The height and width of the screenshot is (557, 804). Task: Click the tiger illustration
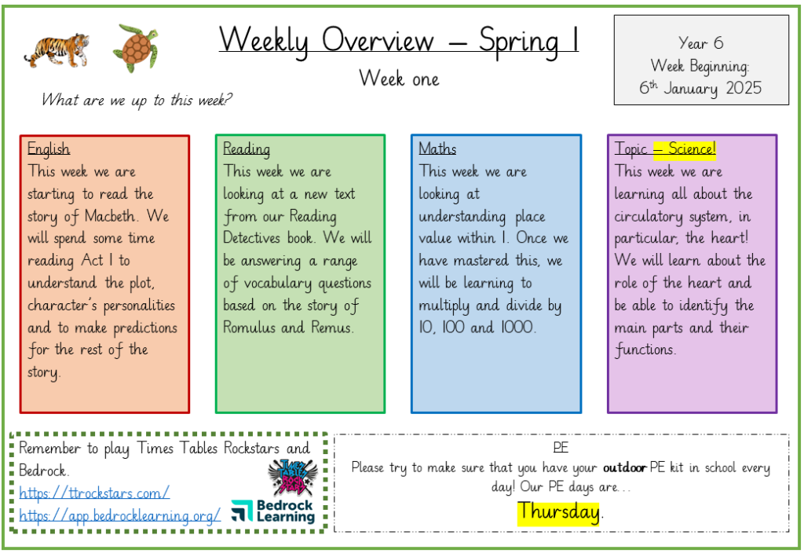pyautogui.click(x=57, y=49)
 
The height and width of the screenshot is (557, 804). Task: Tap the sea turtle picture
pyautogui.click(x=136, y=47)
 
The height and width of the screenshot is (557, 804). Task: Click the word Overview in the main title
pyautogui.click(x=378, y=40)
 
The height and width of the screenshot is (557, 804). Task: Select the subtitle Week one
pyautogui.click(x=399, y=79)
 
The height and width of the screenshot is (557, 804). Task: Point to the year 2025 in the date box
pyautogui.click(x=744, y=88)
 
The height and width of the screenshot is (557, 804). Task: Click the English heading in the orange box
pyautogui.click(x=49, y=148)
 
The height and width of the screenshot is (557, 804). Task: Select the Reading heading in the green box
pyautogui.click(x=246, y=148)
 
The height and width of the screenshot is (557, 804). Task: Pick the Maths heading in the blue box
pyautogui.click(x=437, y=148)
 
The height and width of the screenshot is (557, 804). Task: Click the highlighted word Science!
pyautogui.click(x=692, y=148)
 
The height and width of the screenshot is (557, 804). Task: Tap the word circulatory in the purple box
pyautogui.click(x=649, y=217)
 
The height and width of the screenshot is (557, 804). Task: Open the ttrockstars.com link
pyautogui.click(x=94, y=493)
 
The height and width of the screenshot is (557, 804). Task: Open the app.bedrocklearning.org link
pyautogui.click(x=120, y=515)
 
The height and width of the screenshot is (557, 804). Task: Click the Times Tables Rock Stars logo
pyautogui.click(x=294, y=477)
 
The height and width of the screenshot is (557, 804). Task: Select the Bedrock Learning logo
pyautogui.click(x=272, y=511)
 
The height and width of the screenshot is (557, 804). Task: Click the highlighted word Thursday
pyautogui.click(x=558, y=512)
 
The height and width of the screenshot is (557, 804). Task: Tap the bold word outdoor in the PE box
pyautogui.click(x=624, y=467)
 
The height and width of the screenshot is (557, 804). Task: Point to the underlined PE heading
pyautogui.click(x=561, y=447)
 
